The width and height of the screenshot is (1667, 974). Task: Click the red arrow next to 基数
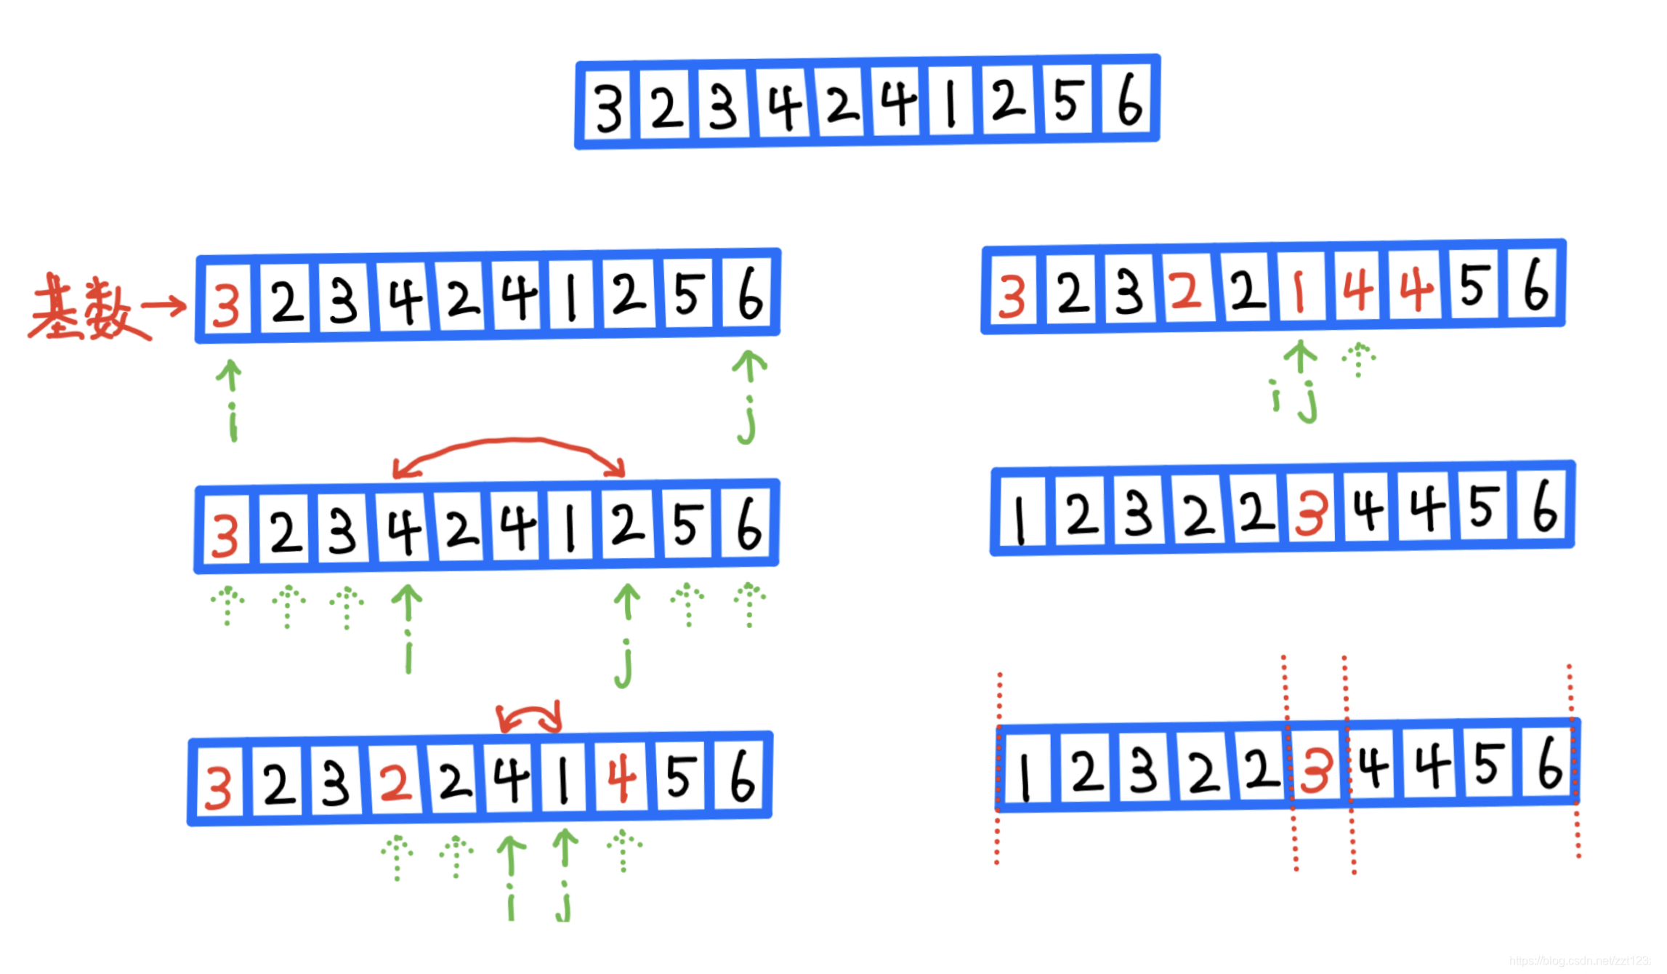(163, 306)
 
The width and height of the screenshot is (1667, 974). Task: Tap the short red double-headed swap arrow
(530, 717)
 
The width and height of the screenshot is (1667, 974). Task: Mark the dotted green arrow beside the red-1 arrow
(1357, 360)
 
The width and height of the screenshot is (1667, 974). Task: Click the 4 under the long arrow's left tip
(404, 531)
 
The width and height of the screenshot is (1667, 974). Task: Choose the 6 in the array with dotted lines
(1550, 762)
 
